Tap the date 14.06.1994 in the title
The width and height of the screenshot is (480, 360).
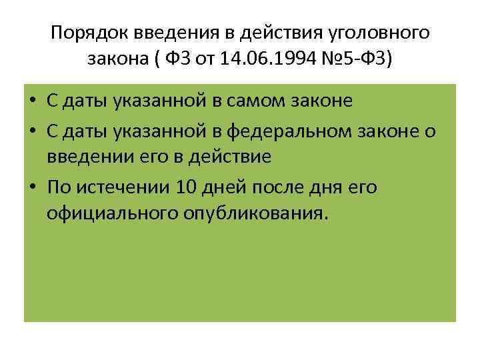(x=261, y=60)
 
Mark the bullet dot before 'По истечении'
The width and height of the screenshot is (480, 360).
(x=33, y=187)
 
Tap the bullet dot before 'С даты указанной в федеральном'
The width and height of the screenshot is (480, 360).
(x=33, y=131)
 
